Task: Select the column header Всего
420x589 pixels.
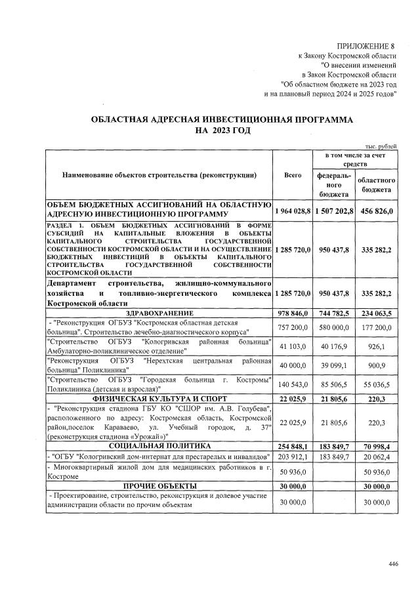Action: [292, 175]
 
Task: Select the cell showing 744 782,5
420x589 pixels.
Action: [333, 314]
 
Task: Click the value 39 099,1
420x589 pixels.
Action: [333, 364]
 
